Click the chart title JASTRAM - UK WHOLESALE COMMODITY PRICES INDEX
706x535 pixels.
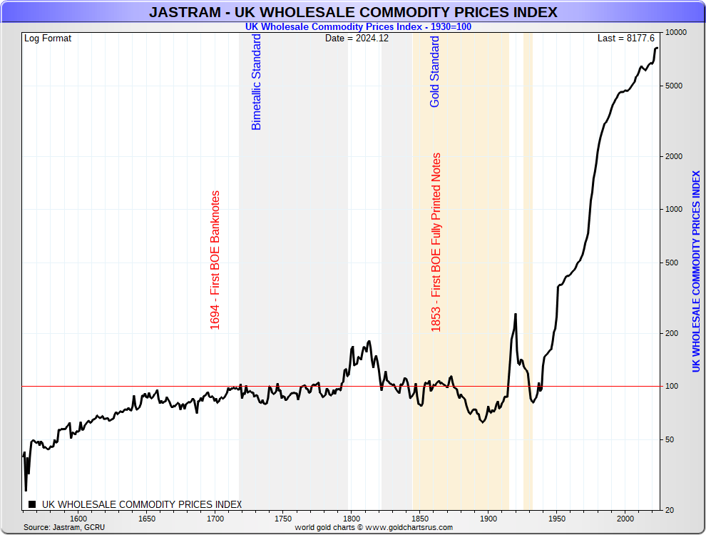pos(353,12)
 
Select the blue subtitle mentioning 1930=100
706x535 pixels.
pos(358,26)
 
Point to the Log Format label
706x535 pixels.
pos(48,38)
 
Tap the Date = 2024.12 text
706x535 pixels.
pos(357,38)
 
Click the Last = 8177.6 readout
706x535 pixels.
pos(625,38)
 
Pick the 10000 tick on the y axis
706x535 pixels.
pos(675,33)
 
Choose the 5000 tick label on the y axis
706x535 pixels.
pos(675,86)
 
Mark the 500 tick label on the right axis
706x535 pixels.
pos(672,263)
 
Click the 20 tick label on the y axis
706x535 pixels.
pos(670,510)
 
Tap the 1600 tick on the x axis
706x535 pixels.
pos(78,519)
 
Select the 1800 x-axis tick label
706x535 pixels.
pos(352,519)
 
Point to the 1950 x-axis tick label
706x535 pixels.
pos(557,519)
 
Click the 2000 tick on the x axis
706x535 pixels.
pos(625,519)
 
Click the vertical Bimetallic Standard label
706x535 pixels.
pos(257,82)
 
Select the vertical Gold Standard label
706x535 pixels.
pos(435,71)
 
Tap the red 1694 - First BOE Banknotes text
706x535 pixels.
pos(215,260)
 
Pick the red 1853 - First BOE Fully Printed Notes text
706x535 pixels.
pos(436,242)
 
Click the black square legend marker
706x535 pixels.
pos(32,504)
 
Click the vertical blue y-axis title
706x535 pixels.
pos(696,271)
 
